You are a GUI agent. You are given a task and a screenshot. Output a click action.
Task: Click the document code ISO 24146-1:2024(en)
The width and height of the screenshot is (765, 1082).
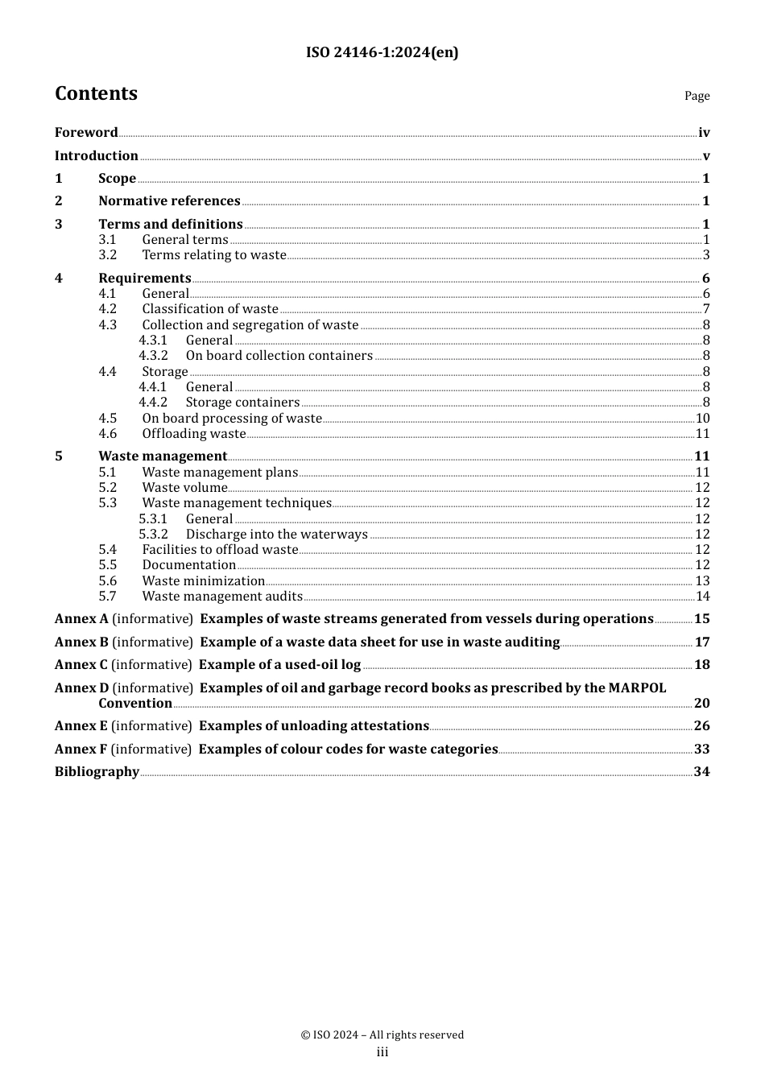[382, 53]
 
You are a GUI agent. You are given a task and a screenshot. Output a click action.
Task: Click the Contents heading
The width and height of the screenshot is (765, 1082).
[96, 94]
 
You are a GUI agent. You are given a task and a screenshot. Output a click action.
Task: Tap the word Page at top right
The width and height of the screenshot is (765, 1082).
[697, 96]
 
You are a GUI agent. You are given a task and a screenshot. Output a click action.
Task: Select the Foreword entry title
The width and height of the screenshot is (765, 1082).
[86, 133]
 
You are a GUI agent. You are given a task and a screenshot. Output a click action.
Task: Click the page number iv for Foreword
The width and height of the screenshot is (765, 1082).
[704, 133]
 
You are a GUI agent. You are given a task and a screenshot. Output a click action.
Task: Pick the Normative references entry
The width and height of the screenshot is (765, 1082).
[169, 201]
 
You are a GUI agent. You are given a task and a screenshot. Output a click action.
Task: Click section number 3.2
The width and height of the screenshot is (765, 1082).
[108, 255]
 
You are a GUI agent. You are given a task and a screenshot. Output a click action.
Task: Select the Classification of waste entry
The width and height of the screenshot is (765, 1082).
[210, 309]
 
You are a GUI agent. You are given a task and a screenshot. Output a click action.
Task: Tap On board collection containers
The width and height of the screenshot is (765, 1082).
[279, 356]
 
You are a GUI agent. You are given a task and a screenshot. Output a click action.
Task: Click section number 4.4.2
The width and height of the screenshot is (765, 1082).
[153, 403]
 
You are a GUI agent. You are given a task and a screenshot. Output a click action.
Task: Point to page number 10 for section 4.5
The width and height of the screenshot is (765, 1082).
[702, 419]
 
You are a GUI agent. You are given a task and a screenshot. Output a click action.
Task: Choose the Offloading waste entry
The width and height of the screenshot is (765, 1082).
[193, 434]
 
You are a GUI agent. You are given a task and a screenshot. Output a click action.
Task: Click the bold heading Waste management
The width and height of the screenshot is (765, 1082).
[163, 456]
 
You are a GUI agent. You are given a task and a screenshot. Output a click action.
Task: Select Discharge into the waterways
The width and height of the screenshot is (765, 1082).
[276, 535]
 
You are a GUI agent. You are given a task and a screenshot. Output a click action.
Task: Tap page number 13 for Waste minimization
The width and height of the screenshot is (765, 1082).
[702, 581]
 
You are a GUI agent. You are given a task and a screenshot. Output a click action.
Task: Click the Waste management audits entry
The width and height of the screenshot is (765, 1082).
[222, 597]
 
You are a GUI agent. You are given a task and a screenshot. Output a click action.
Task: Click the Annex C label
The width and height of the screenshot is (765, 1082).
[81, 665]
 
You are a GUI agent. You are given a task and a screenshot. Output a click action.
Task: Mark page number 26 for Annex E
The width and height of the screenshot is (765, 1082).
[701, 726]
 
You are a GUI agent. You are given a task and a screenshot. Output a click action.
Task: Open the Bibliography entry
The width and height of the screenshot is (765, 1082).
[97, 772]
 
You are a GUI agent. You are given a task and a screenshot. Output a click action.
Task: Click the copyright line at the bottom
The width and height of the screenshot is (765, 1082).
[382, 1035]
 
